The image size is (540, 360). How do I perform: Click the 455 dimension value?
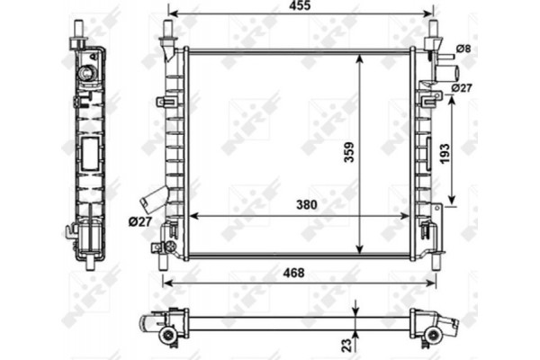(301, 7)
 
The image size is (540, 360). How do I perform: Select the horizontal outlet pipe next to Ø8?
(445, 70)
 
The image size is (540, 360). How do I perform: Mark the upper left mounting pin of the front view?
(167, 30)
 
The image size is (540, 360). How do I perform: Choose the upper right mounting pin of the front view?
(431, 30)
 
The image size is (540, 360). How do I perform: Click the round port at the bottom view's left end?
(166, 335)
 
